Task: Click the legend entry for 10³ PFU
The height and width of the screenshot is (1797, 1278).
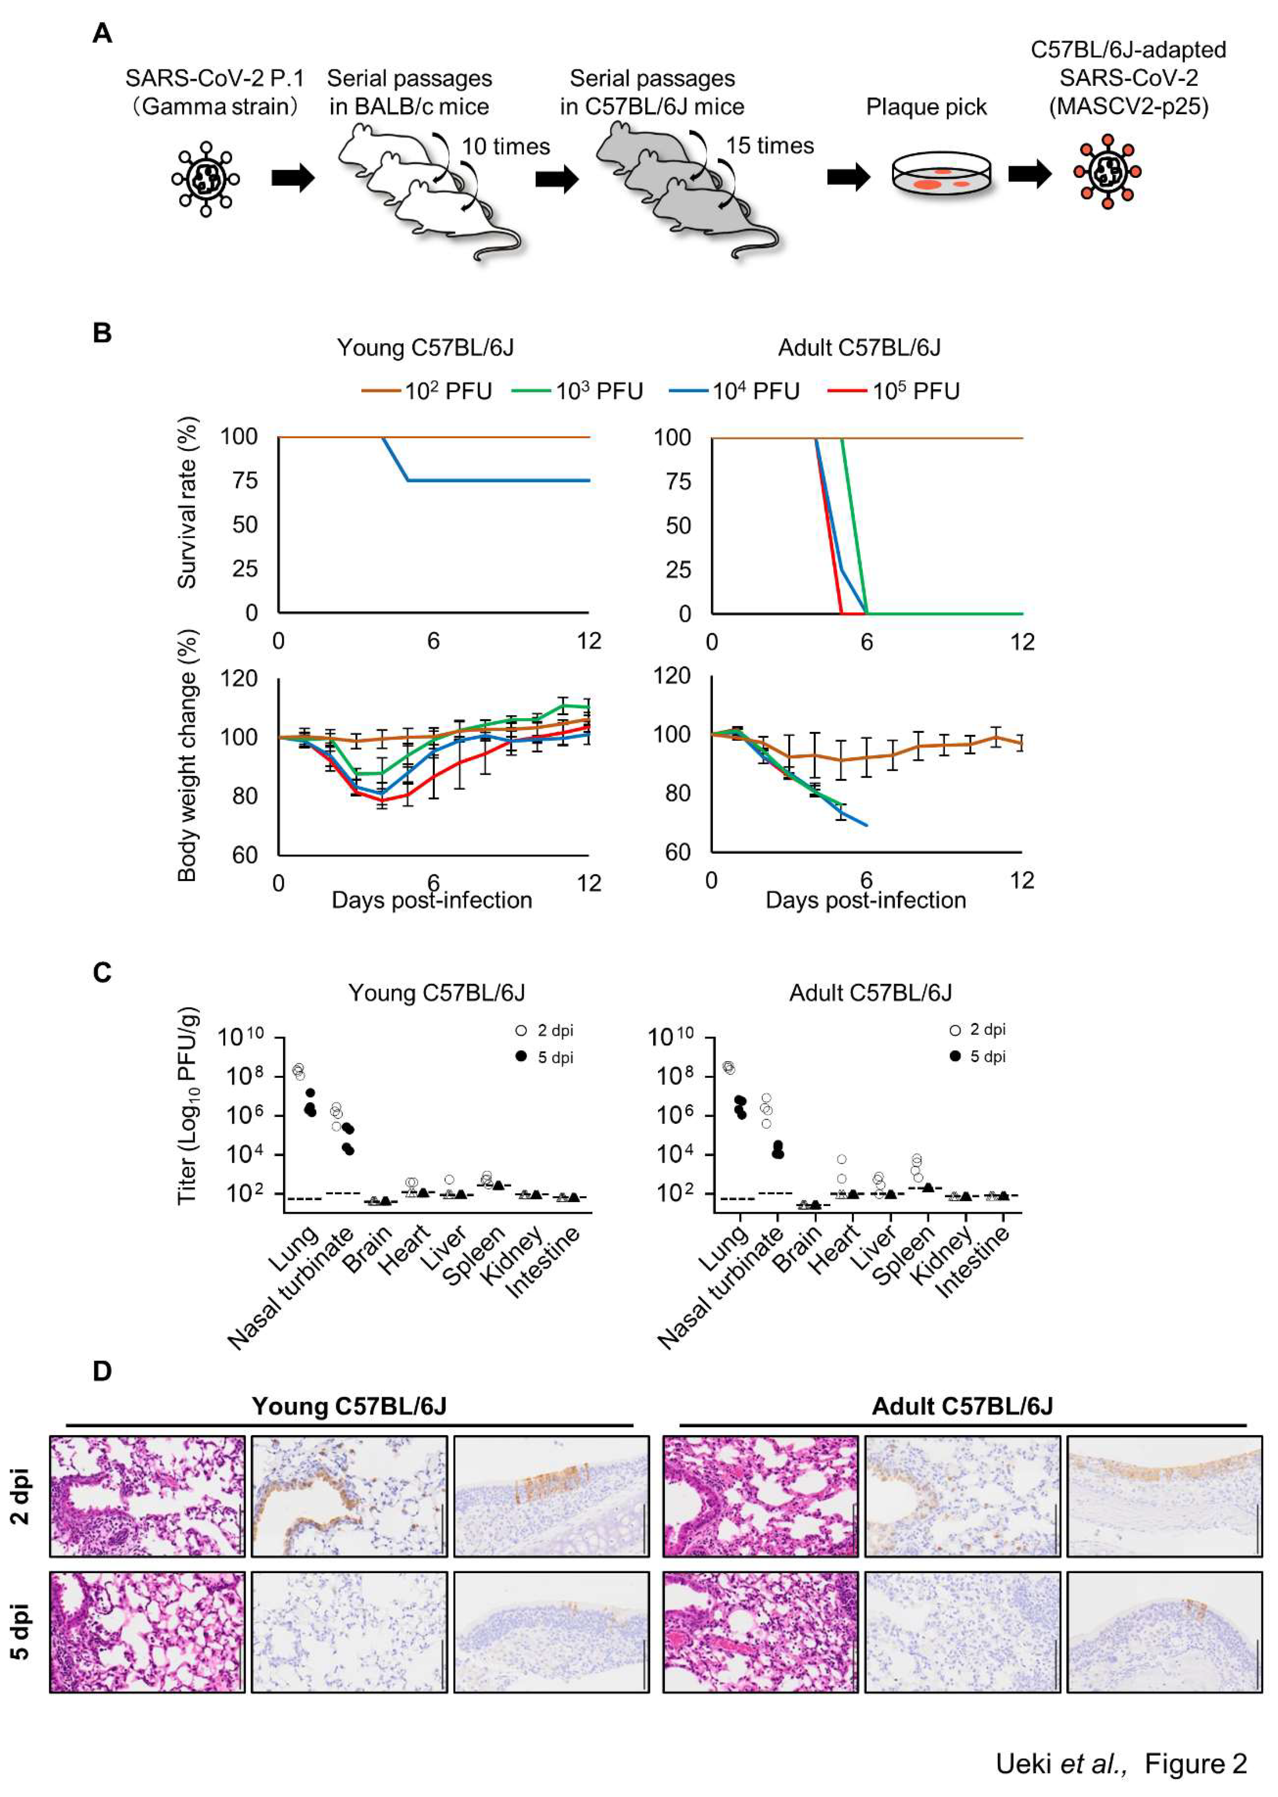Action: click(578, 391)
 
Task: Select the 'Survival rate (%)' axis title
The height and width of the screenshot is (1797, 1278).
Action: click(187, 504)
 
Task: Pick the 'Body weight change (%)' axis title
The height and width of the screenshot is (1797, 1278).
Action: click(187, 755)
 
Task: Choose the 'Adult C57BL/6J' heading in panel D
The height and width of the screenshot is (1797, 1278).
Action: click(962, 1406)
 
